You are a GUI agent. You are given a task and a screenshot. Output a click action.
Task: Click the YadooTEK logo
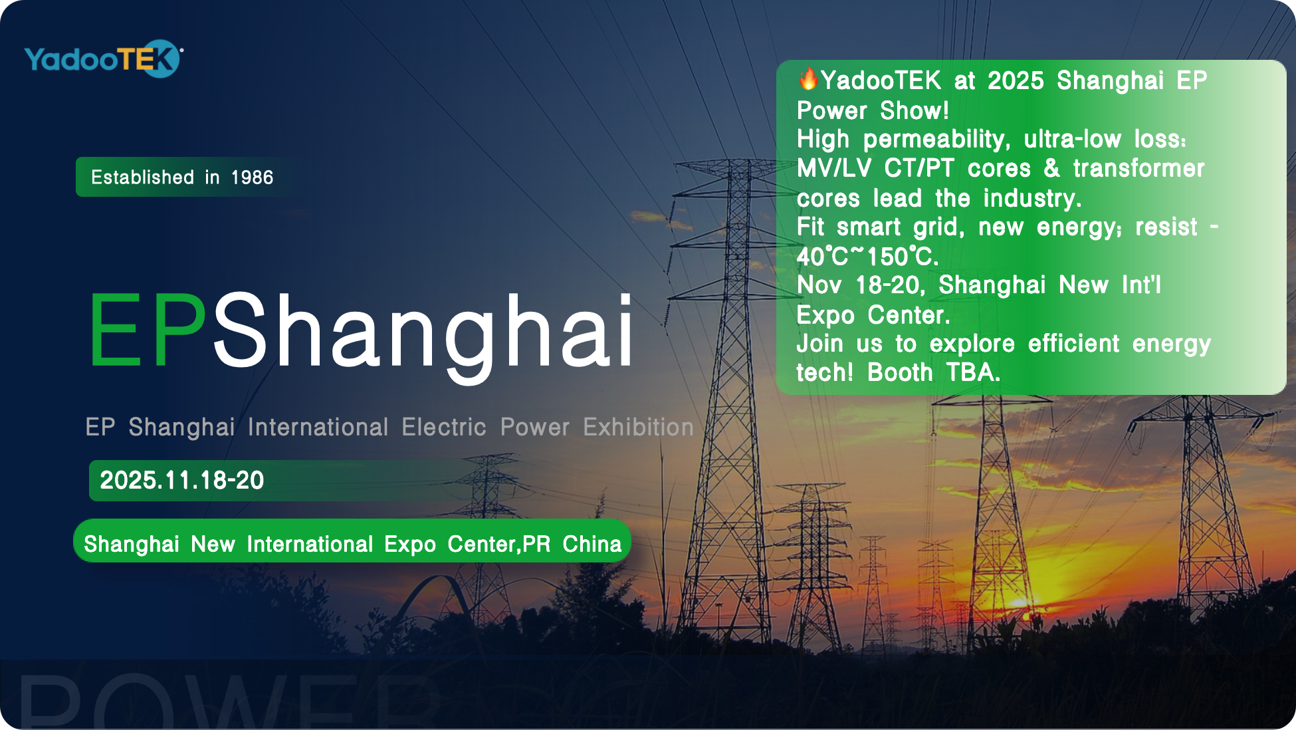point(104,59)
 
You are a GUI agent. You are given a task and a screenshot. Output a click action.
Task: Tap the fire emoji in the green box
point(808,79)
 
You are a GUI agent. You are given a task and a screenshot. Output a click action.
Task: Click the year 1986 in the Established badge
point(252,178)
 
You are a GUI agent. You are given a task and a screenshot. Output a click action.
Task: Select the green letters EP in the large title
point(148,330)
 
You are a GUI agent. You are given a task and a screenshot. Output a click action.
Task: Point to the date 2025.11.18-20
point(182,480)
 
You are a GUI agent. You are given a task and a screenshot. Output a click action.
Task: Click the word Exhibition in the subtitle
point(638,427)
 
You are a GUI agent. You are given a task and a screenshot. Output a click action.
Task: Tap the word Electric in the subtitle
point(444,427)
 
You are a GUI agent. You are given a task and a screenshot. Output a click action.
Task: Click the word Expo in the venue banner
point(410,545)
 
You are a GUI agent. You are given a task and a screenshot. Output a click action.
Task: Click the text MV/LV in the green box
point(834,168)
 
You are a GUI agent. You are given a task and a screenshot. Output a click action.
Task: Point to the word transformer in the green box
point(1138,168)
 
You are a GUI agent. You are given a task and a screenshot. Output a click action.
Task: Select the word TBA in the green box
point(973,372)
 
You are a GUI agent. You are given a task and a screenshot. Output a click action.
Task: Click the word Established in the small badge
point(142,178)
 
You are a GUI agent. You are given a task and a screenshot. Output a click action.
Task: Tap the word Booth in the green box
point(900,372)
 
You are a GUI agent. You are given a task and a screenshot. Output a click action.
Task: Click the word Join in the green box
point(819,344)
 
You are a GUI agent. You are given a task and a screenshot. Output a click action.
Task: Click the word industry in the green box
point(1032,198)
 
